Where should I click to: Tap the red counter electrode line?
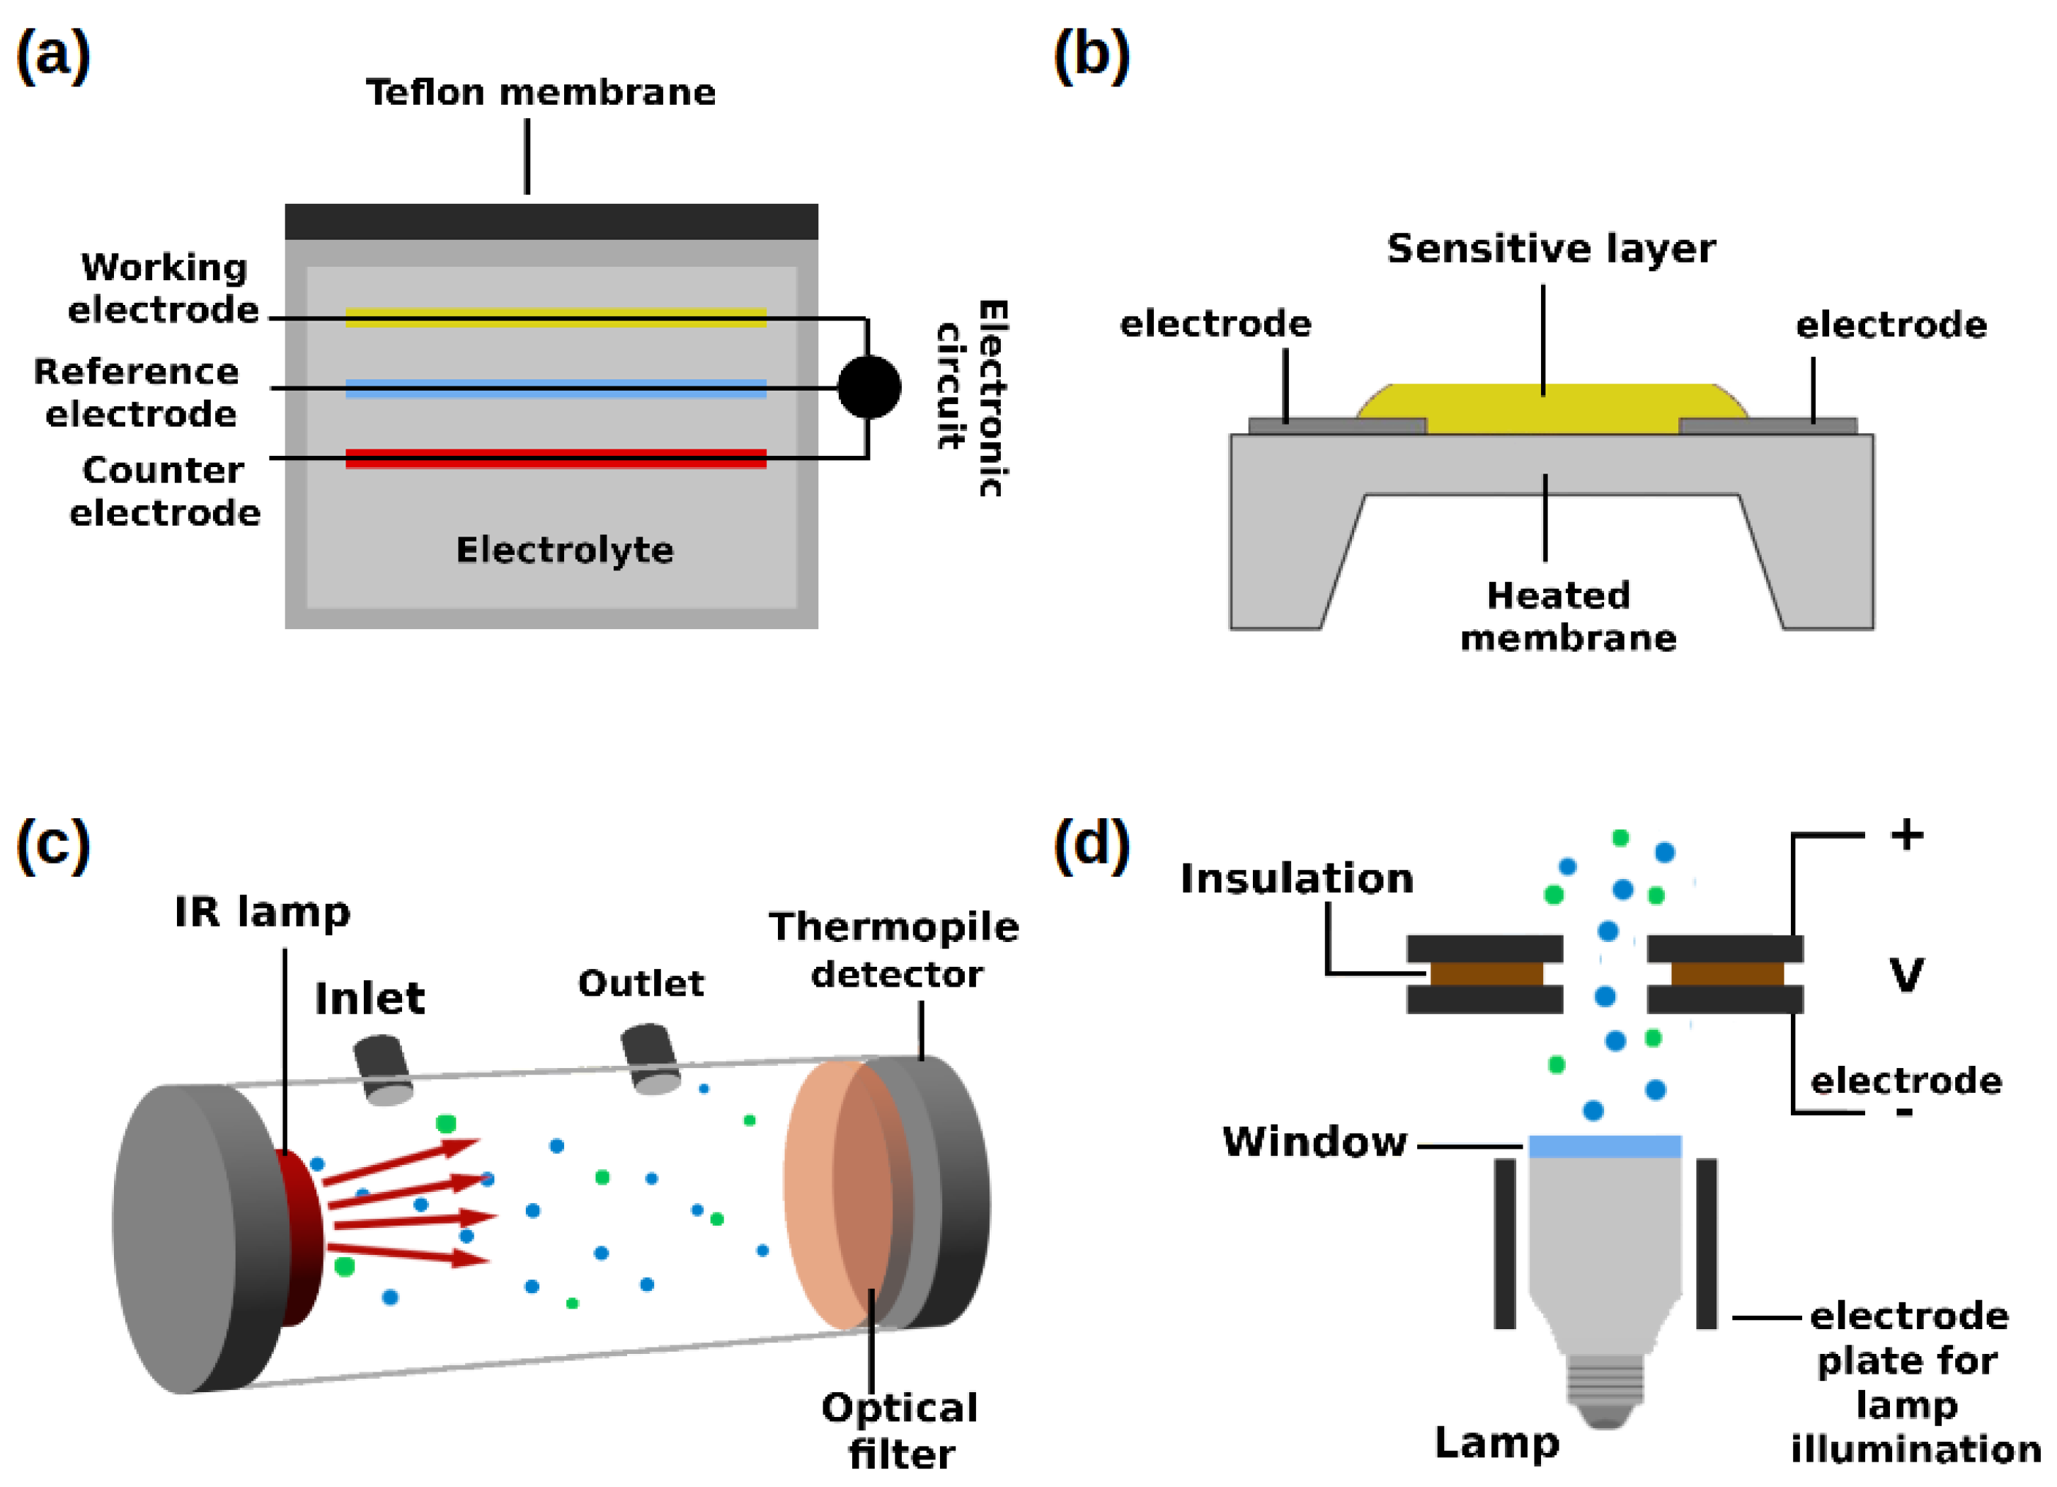(556, 459)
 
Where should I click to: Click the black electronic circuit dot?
(869, 388)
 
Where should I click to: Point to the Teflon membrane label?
(541, 93)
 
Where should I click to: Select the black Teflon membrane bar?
(551, 222)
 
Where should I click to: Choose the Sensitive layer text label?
(1551, 248)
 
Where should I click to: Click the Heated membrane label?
(1568, 616)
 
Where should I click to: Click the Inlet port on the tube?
(383, 1071)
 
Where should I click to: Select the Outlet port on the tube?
(651, 1059)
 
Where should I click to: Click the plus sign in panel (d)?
(1908, 835)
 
